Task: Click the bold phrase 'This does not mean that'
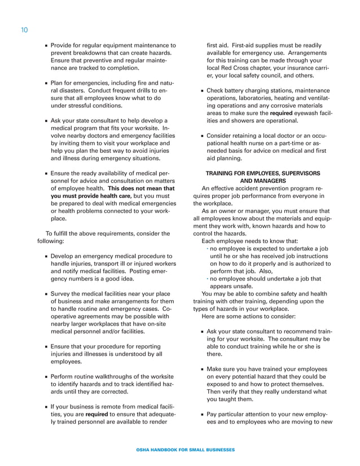coord(142,188)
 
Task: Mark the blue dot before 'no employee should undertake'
coord(207,279)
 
